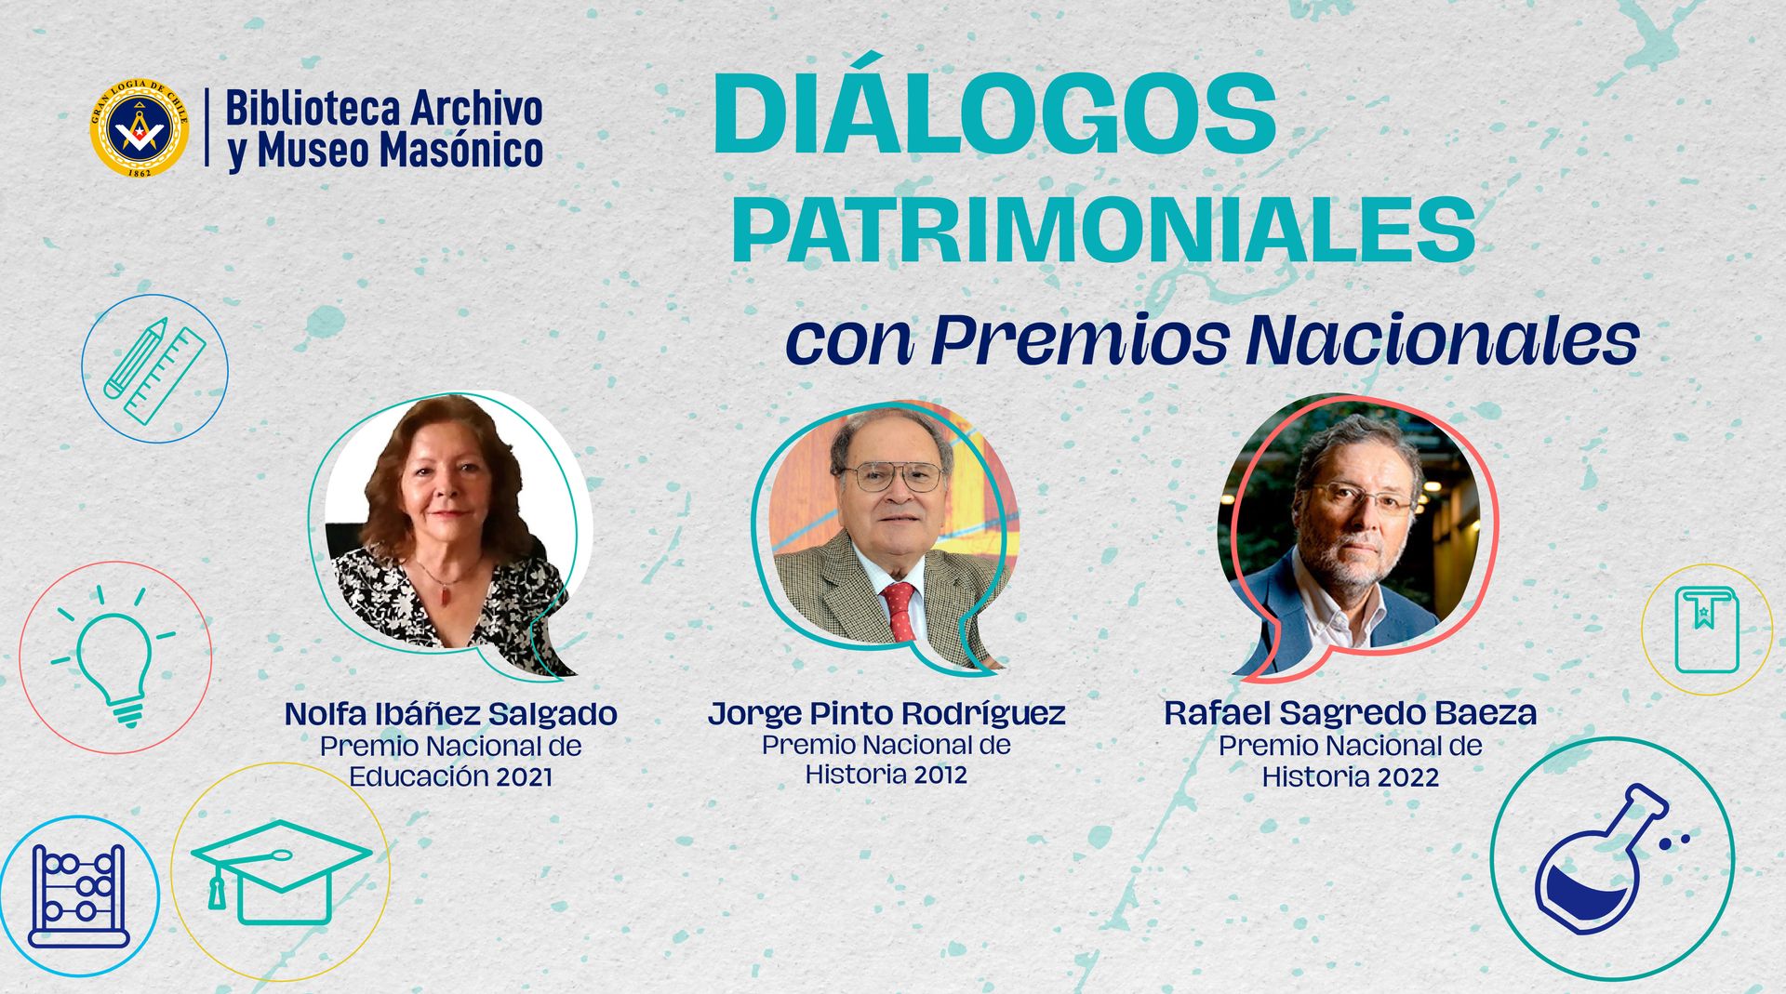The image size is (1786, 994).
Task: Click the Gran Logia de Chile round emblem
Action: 140,128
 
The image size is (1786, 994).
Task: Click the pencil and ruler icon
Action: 154,369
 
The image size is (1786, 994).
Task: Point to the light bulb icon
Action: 115,656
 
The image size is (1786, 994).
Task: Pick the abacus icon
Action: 79,896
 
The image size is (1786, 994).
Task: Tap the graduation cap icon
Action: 281,871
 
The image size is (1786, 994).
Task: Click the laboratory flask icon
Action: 1612,858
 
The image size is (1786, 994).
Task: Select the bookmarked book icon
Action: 1707,630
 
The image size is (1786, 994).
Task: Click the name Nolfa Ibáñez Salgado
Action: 451,714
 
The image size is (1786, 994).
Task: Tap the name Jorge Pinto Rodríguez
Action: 886,713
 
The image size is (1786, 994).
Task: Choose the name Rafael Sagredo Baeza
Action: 1350,713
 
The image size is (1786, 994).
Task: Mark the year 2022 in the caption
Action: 1409,777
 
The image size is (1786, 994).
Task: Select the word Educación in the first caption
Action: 418,776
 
